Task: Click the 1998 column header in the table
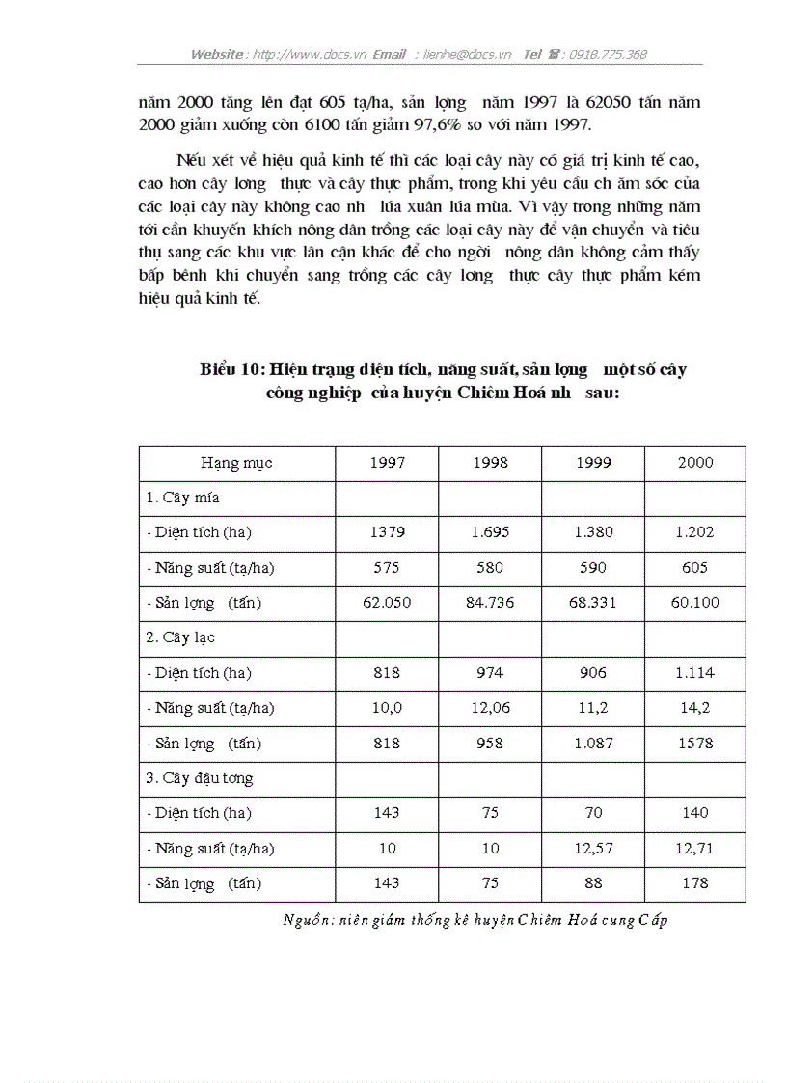point(490,463)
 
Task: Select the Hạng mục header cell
point(236,463)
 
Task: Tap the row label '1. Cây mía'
point(182,498)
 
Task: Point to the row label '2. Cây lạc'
point(180,637)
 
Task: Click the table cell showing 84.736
point(490,603)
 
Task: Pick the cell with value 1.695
point(490,532)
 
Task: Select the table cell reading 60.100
point(694,603)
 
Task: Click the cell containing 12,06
point(490,708)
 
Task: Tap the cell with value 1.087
point(593,744)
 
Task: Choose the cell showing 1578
point(694,744)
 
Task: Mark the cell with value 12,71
point(694,849)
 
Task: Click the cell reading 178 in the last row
point(694,883)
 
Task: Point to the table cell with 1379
point(387,532)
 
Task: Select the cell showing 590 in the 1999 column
point(593,568)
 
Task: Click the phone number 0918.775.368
point(608,55)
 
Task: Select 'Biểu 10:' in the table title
point(232,369)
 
